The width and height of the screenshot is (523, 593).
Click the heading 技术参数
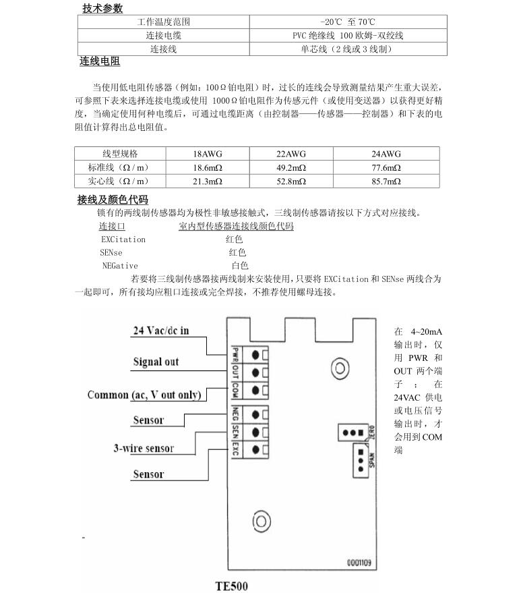tap(102, 9)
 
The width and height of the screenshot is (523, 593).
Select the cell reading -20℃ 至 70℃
tap(348, 22)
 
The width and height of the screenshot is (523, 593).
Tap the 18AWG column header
tap(208, 154)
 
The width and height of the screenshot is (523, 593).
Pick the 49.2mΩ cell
tap(291, 167)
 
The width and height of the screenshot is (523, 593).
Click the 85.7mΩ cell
tap(386, 181)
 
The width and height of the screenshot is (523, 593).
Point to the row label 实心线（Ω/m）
tap(118, 181)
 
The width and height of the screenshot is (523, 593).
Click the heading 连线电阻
tap(100, 62)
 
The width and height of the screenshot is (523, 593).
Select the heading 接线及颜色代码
tap(113, 200)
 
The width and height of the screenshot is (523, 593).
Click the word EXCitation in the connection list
tap(123, 239)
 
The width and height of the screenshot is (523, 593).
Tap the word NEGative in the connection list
tap(119, 266)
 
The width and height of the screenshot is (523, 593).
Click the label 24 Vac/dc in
tap(161, 331)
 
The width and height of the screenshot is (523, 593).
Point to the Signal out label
tap(156, 362)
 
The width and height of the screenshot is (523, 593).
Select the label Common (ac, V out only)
tap(144, 395)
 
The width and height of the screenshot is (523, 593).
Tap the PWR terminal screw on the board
tap(256, 354)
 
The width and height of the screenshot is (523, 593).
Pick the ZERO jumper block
tap(352, 432)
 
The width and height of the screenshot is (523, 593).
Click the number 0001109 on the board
tap(360, 561)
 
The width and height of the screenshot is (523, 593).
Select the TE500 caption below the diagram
tap(231, 586)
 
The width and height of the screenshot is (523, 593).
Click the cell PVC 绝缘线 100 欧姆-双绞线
tap(348, 36)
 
